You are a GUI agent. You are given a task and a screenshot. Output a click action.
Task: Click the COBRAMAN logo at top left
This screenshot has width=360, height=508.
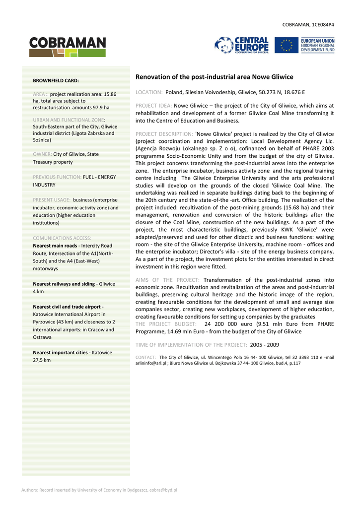(x=68, y=47)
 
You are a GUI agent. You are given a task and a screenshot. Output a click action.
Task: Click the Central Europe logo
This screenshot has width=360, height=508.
(x=242, y=46)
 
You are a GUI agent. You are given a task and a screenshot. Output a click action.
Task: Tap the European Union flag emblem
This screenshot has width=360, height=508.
(x=286, y=46)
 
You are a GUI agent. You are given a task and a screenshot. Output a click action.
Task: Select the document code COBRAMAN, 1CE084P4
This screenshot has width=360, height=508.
(x=308, y=24)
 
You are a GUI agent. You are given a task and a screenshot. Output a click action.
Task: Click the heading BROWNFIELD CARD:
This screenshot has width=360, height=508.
(x=56, y=80)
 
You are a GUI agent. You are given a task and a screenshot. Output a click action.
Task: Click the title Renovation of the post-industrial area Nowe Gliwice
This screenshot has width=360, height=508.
(x=214, y=77)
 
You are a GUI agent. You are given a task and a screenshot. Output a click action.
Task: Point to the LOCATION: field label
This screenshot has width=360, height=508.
(x=149, y=93)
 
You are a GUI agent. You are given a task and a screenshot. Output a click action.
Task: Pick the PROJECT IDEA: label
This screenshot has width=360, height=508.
(x=153, y=106)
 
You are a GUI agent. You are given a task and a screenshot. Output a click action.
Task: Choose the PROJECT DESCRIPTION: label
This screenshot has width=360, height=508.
(x=164, y=134)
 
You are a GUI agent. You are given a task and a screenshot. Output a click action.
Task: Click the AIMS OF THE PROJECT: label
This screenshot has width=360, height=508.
(x=167, y=280)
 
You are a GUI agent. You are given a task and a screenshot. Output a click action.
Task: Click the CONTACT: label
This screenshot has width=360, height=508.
(x=145, y=357)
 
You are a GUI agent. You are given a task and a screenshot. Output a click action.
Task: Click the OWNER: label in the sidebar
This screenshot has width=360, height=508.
(x=42, y=154)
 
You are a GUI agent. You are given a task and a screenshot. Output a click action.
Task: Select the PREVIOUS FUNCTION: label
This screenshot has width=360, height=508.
(x=57, y=177)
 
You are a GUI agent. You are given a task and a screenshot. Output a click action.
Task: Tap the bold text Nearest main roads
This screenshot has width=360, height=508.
(x=55, y=246)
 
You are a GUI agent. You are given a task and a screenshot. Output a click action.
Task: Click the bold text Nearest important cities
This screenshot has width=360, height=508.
(x=60, y=353)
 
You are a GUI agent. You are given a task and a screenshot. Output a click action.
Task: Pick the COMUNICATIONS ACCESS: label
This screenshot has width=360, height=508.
(x=62, y=238)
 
